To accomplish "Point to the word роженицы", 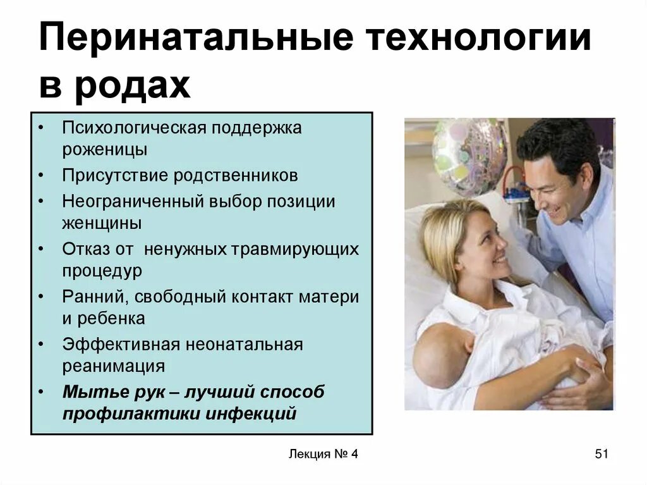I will (x=105, y=150).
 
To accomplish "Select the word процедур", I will (x=102, y=271).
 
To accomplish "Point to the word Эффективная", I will (x=119, y=345).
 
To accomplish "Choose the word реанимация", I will (x=113, y=366).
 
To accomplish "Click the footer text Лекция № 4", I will (x=322, y=454).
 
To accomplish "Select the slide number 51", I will (x=601, y=454).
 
